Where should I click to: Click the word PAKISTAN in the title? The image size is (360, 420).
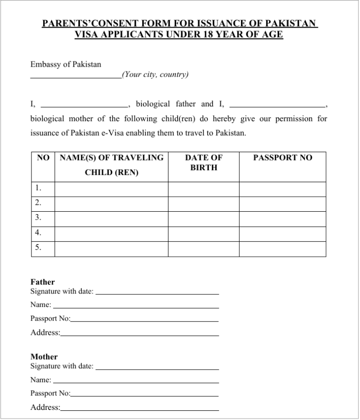click(293, 24)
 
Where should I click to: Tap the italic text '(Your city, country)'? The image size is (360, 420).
click(155, 74)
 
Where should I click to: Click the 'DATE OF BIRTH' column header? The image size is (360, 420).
click(204, 162)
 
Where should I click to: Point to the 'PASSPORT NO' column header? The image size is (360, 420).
click(283, 158)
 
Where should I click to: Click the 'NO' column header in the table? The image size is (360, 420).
click(43, 158)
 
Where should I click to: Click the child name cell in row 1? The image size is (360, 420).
click(111, 188)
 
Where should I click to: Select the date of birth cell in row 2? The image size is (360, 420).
click(204, 203)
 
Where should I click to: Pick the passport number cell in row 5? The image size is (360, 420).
click(283, 248)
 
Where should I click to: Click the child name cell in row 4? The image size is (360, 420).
click(111, 233)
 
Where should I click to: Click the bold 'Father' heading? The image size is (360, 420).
click(43, 282)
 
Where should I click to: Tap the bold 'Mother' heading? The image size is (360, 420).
click(44, 357)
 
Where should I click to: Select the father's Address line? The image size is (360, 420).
click(139, 333)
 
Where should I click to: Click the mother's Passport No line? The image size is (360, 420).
click(144, 394)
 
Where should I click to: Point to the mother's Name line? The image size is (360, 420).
click(135, 381)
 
